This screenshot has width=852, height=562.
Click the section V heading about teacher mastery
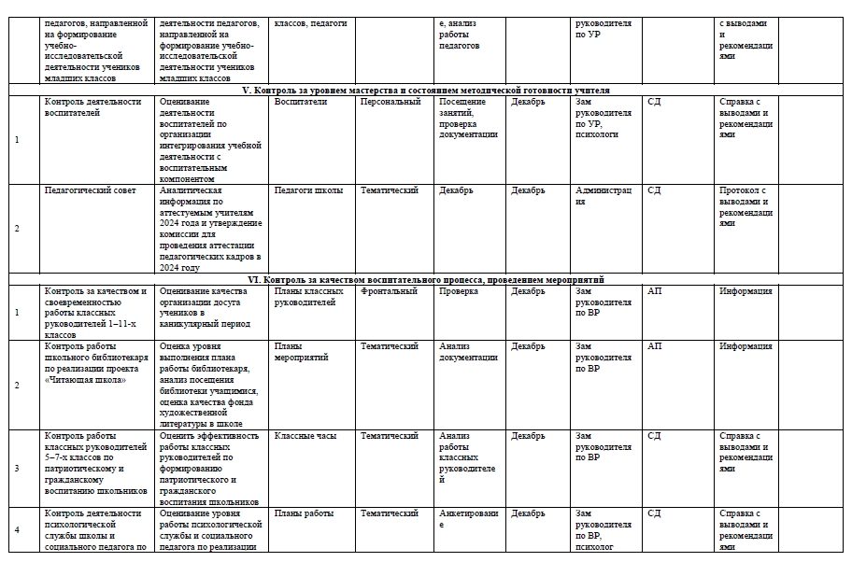pos(425,90)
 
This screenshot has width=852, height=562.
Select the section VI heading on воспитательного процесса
pos(425,278)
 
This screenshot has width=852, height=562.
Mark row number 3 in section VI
pos(17,468)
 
